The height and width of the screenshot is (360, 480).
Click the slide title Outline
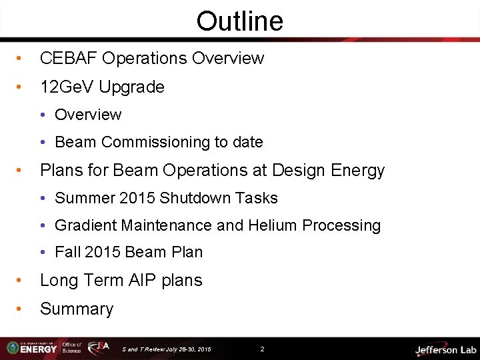239,21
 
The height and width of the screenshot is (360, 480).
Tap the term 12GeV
65,87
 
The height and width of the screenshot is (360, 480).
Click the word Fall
67,253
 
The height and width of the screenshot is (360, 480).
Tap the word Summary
77,309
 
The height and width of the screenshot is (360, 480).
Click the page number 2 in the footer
262,349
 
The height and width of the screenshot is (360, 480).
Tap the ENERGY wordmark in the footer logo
41,349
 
